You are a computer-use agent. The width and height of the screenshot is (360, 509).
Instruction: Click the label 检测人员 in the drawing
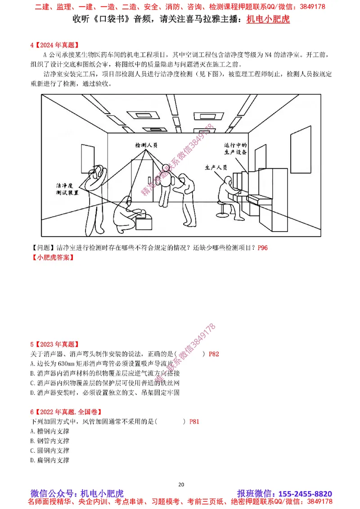tap(146, 146)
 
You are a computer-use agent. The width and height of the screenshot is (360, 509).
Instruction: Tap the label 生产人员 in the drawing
tap(216, 167)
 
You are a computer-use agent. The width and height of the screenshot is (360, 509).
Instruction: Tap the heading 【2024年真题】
tap(54, 45)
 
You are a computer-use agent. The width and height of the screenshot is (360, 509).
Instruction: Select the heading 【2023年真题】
tap(54, 344)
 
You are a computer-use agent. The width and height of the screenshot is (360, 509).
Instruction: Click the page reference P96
tap(262, 248)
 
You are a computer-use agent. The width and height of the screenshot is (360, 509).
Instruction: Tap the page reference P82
tap(214, 354)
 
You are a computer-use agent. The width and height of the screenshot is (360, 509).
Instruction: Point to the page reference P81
tap(194, 421)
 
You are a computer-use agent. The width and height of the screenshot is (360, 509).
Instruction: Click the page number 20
tap(181, 484)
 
